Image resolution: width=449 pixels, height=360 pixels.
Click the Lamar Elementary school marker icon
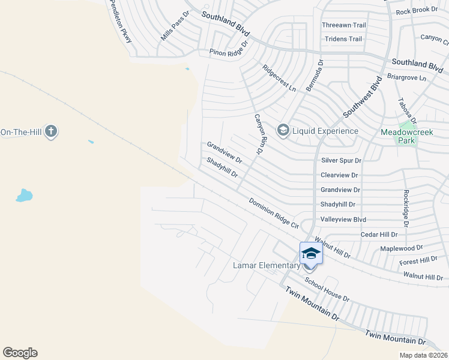click(x=311, y=253)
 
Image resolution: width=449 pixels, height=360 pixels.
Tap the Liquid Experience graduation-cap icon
click(x=283, y=130)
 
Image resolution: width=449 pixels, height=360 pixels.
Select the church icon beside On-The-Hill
click(x=51, y=131)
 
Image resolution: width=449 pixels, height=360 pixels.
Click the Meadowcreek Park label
click(x=398, y=136)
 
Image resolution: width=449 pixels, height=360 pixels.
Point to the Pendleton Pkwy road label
click(x=121, y=21)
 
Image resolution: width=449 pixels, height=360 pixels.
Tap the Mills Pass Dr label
click(x=175, y=26)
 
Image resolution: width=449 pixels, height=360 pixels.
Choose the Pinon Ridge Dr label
click(x=229, y=49)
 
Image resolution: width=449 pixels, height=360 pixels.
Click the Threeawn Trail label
click(x=344, y=25)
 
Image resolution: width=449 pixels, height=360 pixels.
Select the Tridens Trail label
click(x=343, y=39)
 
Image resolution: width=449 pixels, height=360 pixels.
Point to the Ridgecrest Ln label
click(x=279, y=78)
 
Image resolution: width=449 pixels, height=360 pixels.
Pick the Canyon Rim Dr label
click(x=259, y=134)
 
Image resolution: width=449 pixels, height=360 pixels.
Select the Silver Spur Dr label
click(x=341, y=160)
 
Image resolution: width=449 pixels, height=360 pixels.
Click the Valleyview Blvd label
click(x=343, y=220)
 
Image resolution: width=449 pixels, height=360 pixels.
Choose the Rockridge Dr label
click(x=406, y=208)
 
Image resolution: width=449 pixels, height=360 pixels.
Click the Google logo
click(x=20, y=353)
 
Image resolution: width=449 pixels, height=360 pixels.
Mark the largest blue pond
click(x=24, y=195)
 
